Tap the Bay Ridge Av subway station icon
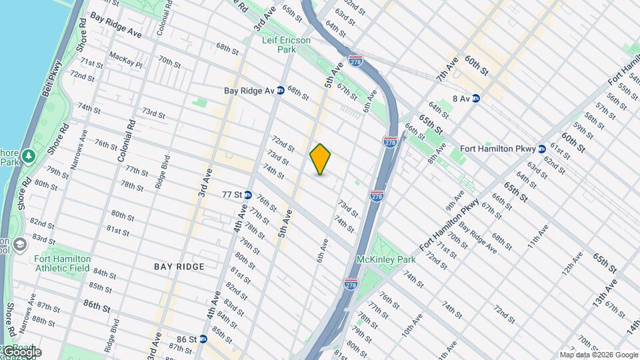click(281, 91)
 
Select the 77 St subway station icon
click(247, 195)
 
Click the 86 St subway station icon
click(203, 339)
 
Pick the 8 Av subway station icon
click(476, 99)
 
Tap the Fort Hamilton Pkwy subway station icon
click(542, 149)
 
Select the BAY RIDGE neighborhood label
click(179, 267)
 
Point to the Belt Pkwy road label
click(52, 80)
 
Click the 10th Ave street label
click(411, 326)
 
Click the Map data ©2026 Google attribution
click(599, 355)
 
